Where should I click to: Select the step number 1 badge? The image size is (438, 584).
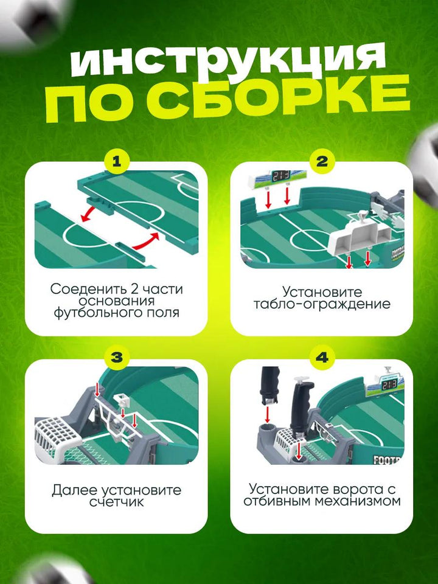(x=117, y=162)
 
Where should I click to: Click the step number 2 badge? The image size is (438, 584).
(x=322, y=162)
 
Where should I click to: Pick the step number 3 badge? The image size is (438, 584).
(x=117, y=358)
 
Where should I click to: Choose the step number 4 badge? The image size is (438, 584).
(x=322, y=358)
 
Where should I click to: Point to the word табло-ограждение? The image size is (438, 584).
(x=322, y=304)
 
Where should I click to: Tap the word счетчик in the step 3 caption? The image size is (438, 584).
(x=117, y=501)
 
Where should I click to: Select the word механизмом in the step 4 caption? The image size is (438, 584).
(x=358, y=501)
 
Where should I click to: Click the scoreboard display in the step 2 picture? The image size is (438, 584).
(x=281, y=175)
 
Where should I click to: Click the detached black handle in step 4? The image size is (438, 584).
(x=269, y=386)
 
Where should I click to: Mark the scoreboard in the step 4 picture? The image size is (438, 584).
(x=385, y=384)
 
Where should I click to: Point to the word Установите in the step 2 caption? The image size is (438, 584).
(x=322, y=292)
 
